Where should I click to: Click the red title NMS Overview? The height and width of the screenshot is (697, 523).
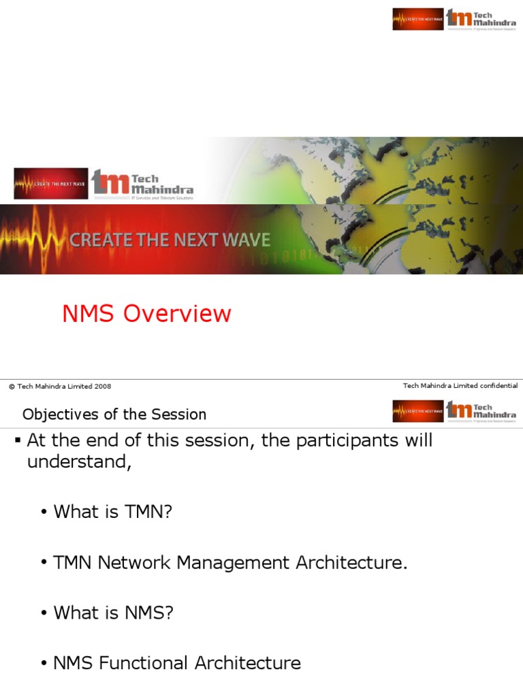(146, 314)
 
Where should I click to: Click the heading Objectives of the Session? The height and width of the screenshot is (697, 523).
(114, 414)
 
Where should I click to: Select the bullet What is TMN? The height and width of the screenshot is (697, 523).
(112, 512)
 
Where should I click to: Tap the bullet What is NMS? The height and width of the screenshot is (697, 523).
(113, 613)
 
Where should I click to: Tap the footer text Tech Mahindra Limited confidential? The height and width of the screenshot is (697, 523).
(460, 385)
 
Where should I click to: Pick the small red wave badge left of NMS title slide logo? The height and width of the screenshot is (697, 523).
(51, 183)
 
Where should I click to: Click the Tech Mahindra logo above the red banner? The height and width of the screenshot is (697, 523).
(142, 184)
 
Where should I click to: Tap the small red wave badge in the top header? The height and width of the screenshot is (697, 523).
(417, 19)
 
